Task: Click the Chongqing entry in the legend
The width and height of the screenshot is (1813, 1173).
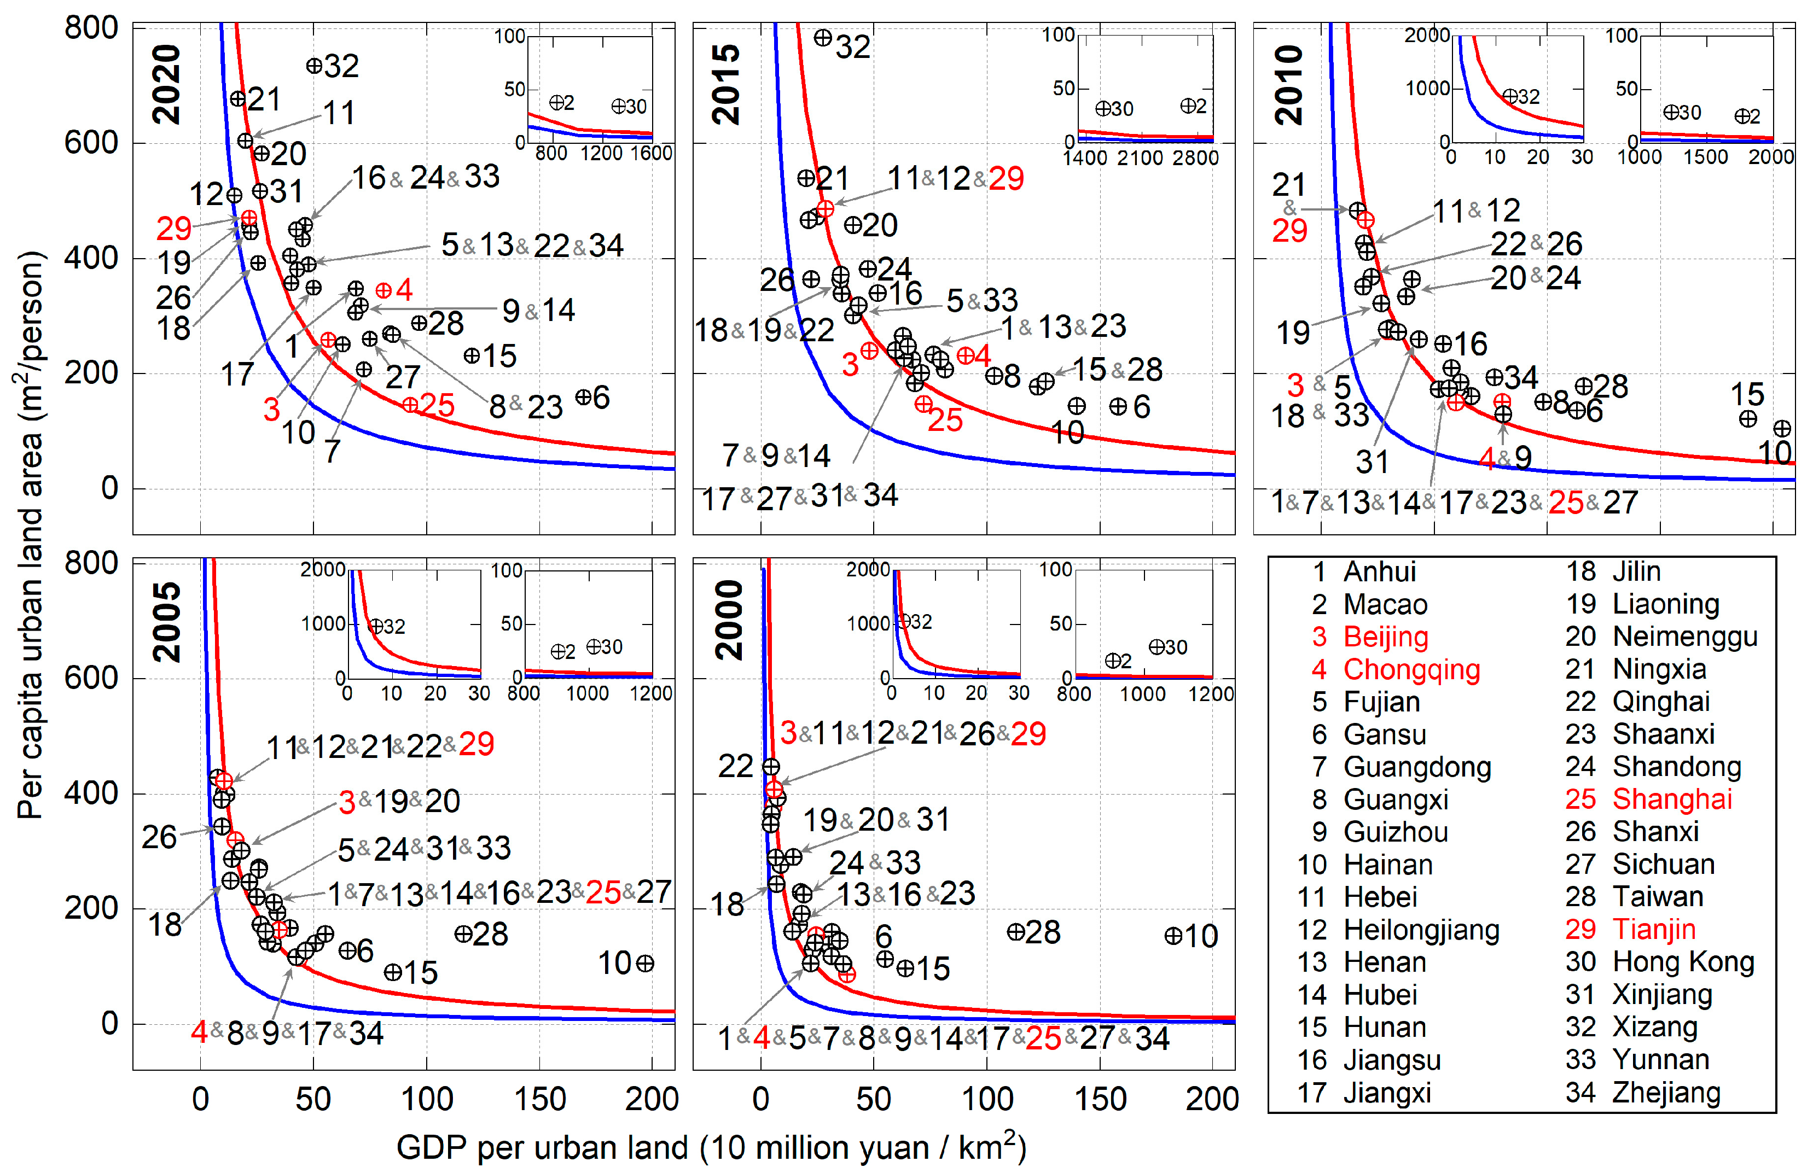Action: click(1409, 669)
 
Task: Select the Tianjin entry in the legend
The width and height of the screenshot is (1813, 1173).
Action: click(1653, 929)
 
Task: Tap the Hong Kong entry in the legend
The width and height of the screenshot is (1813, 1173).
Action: click(1682, 962)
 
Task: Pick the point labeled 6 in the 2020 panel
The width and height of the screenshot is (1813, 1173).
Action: click(583, 397)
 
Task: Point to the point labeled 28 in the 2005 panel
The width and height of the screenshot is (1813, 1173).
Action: click(463, 934)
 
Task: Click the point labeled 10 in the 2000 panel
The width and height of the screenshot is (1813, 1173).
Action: click(1173, 936)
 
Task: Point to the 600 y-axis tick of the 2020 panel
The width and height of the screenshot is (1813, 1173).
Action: click(91, 142)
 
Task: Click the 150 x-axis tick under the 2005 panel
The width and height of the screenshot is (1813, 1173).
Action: click(539, 1099)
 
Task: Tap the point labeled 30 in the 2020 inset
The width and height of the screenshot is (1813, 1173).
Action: click(619, 107)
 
